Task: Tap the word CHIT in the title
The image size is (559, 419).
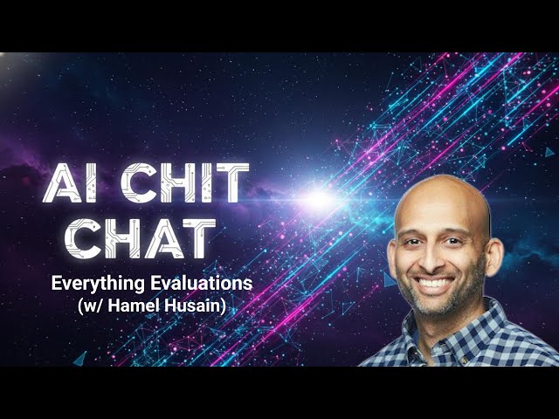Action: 182,185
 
